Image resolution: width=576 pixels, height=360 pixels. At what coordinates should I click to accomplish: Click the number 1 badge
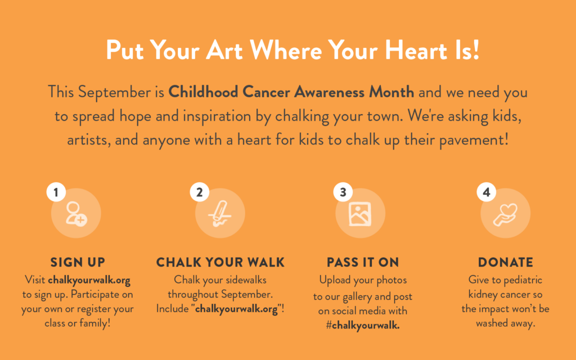(56, 192)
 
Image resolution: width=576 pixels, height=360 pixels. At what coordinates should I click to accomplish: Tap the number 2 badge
(200, 192)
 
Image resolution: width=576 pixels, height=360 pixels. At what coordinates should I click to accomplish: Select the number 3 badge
(343, 192)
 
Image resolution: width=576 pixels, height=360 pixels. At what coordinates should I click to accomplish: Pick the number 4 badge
(487, 192)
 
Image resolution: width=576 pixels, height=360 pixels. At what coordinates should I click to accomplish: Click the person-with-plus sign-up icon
(76, 214)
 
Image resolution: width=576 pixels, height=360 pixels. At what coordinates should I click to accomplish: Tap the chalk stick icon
(220, 213)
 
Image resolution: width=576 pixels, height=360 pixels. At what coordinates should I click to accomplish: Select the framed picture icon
(359, 214)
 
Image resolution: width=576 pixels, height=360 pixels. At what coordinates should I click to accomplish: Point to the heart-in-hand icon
(506, 214)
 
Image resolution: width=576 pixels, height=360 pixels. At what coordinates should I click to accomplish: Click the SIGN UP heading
(78, 262)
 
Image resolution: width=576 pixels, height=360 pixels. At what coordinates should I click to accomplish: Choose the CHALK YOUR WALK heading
(220, 262)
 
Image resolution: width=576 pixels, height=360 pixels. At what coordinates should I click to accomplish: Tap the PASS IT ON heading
(363, 262)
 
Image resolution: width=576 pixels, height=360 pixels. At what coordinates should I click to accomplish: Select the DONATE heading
(506, 262)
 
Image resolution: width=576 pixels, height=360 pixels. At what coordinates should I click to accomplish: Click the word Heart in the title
(416, 50)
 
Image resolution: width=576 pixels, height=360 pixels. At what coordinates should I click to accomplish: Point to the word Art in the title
(224, 50)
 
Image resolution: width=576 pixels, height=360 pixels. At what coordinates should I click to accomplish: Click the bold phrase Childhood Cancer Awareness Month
(291, 92)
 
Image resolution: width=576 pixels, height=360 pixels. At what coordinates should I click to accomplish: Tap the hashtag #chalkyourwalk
(363, 325)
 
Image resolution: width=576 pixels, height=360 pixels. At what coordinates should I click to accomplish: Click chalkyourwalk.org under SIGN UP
(89, 280)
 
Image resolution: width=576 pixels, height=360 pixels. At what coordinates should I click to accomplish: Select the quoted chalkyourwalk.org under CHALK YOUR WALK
(237, 309)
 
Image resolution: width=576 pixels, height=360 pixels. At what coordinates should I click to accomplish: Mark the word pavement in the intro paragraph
(474, 140)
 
